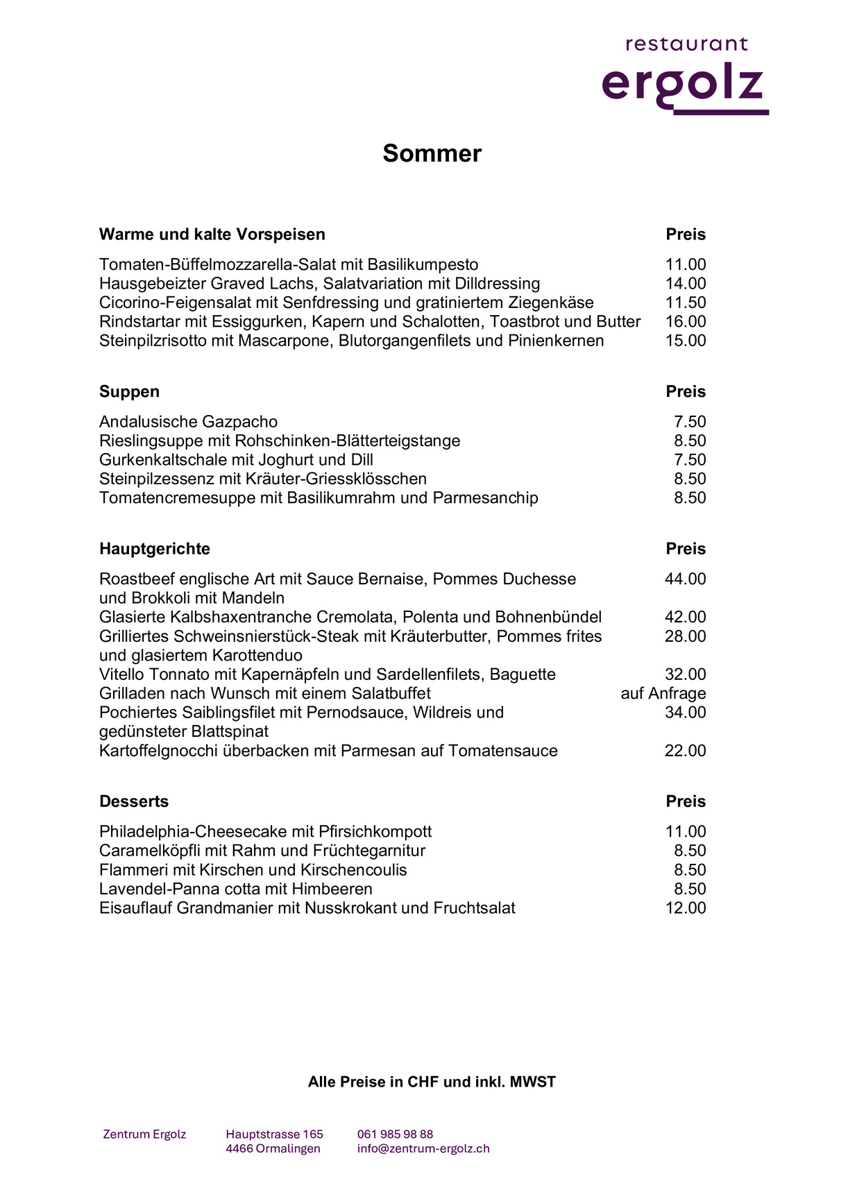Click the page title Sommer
coord(432,153)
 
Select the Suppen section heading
coord(129,391)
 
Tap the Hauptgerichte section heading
coord(154,549)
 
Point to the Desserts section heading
coord(134,801)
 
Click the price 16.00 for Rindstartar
coord(686,322)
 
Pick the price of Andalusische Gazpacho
coord(690,422)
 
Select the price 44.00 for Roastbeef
coord(685,579)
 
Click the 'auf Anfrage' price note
coord(663,694)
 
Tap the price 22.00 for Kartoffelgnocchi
coord(685,751)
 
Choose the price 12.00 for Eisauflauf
coord(685,908)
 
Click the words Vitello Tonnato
coord(154,674)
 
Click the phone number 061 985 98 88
coord(395,1134)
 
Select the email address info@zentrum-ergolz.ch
coord(423,1148)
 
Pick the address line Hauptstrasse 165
coord(274,1134)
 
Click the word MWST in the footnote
coord(533,1082)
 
